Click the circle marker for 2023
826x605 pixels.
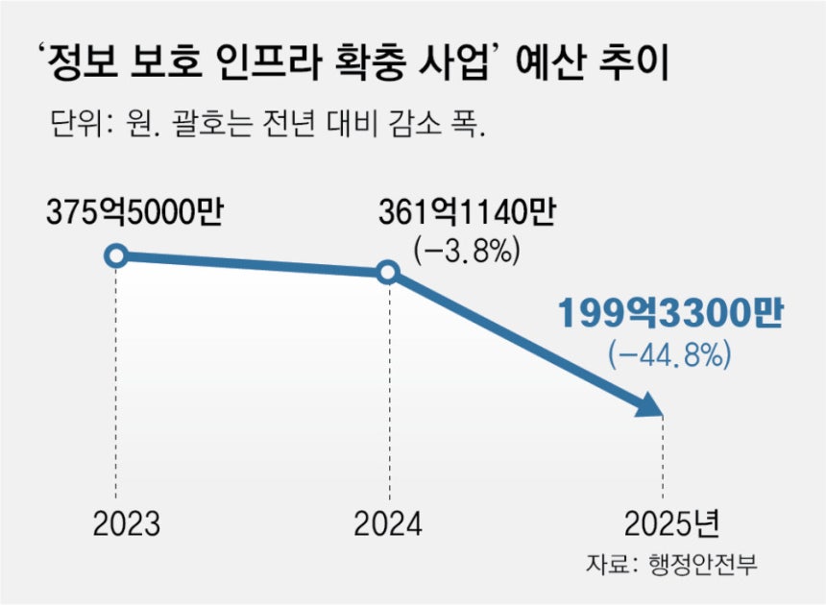[116, 255]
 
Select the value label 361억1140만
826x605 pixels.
[467, 212]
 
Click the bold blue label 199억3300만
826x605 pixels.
[669, 314]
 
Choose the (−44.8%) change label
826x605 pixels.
[669, 355]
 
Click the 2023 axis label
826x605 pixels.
[127, 525]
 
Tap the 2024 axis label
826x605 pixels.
[388, 525]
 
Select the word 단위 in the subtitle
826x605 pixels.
[70, 126]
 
